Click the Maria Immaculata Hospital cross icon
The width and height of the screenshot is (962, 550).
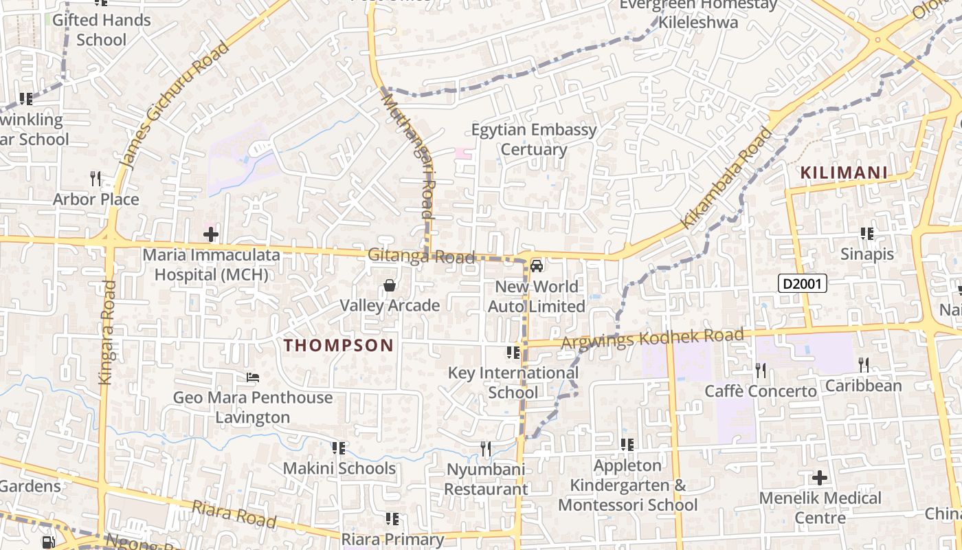[x=211, y=235]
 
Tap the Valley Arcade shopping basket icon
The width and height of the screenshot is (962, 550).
[x=390, y=285]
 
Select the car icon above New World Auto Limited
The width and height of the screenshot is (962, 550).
[x=537, y=266]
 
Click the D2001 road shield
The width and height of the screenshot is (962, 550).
[x=802, y=283]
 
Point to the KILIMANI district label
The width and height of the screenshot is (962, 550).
[x=844, y=173]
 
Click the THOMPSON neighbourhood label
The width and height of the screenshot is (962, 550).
[x=339, y=345]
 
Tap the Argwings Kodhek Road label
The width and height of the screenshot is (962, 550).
[x=653, y=338]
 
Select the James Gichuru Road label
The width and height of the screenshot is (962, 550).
[x=175, y=104]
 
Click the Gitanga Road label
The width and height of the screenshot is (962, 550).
[x=421, y=256]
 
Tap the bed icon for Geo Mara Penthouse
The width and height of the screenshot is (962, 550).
[x=253, y=377]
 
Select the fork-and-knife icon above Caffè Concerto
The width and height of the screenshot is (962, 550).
[x=761, y=371]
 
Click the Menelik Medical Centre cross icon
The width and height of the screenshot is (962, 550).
[x=820, y=477]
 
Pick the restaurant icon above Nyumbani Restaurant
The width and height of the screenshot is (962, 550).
[x=486, y=449]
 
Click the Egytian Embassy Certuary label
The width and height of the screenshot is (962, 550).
[x=534, y=140]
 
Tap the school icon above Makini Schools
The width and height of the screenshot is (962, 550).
[x=339, y=448]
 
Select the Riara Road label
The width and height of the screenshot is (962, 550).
[x=234, y=514]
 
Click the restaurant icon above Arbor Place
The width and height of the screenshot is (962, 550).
[x=96, y=179]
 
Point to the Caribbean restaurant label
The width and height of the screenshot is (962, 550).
[x=863, y=386]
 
